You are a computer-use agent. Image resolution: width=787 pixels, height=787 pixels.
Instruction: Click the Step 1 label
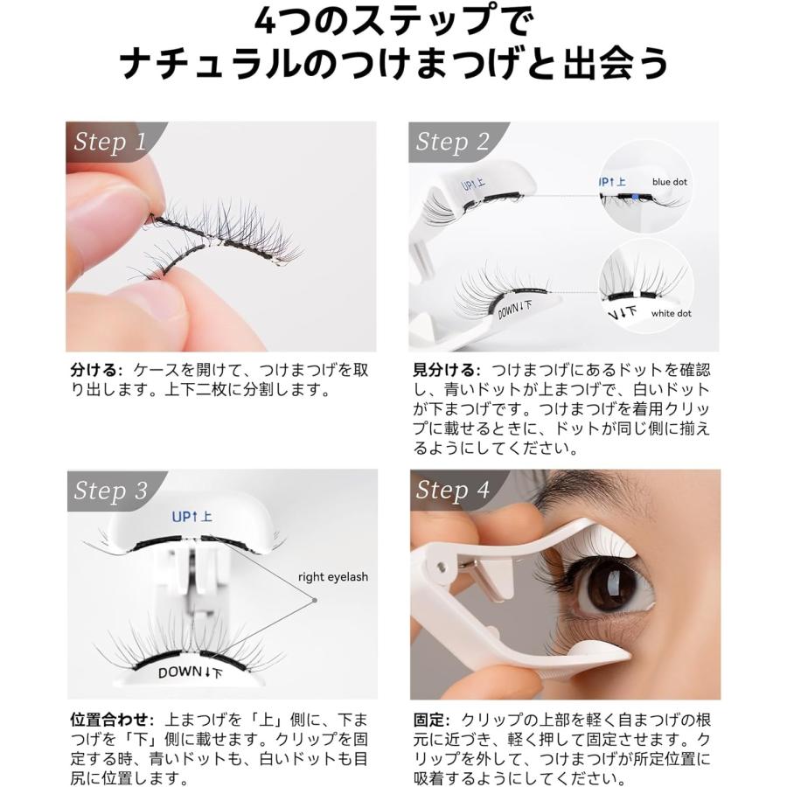click(x=109, y=143)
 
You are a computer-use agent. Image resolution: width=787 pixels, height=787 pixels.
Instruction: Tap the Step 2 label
click(x=452, y=143)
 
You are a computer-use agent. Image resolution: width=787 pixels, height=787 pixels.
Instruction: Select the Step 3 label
click(x=110, y=491)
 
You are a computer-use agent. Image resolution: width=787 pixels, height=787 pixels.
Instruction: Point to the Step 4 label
click(x=452, y=491)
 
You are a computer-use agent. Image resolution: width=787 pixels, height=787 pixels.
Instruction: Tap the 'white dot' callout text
click(x=672, y=313)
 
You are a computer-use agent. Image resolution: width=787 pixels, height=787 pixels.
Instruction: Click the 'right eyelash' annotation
click(x=332, y=577)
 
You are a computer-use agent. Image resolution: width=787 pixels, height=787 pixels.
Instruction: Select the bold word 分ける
click(x=96, y=371)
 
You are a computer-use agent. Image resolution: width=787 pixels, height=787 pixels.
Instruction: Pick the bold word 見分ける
click(x=445, y=371)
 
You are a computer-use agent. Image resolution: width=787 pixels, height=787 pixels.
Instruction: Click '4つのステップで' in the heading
click(x=393, y=22)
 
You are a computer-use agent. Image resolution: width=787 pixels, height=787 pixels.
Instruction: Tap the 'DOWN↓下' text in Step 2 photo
click(x=514, y=308)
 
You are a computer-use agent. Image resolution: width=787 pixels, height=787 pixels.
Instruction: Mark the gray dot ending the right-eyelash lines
click(x=313, y=600)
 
